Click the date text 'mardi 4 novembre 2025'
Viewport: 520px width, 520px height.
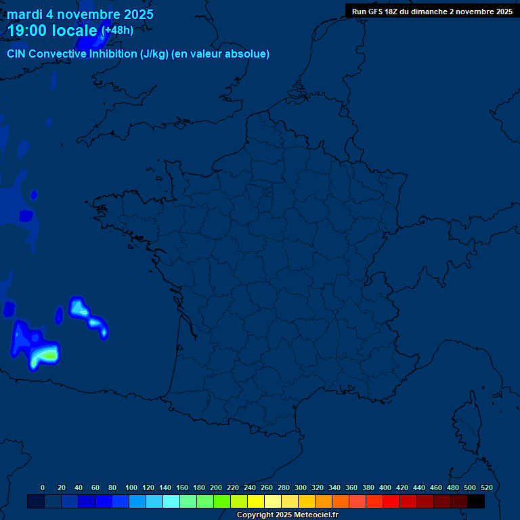point(80,14)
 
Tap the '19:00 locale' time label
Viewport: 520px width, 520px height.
point(52,30)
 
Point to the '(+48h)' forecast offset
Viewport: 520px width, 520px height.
point(117,30)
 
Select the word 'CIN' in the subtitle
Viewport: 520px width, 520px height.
point(17,54)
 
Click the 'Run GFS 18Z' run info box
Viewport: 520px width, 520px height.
point(432,12)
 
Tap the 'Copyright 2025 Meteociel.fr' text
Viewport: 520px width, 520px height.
point(287,515)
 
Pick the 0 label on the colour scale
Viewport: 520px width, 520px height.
point(43,487)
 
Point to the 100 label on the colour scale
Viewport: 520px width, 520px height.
point(131,487)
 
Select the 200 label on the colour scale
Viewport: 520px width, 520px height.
point(216,487)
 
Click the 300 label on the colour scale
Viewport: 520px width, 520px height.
point(301,487)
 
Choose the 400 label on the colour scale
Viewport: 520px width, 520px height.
point(385,487)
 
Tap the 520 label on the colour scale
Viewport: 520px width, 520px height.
point(487,487)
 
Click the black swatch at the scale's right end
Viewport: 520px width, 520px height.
point(476,501)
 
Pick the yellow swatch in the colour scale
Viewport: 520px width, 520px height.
point(256,501)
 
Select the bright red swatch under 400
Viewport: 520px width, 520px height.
point(391,501)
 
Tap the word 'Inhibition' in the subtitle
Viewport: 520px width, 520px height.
point(112,54)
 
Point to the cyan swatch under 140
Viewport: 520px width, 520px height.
point(171,501)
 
